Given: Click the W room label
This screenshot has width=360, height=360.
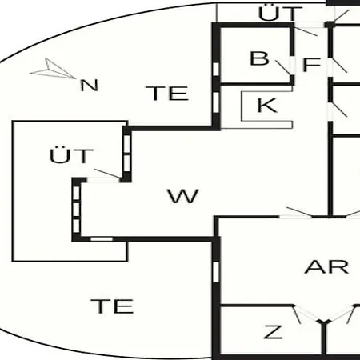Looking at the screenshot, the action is (183, 196).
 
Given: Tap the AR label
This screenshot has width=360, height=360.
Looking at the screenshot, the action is (326, 266).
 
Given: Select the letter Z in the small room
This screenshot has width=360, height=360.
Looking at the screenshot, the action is (273, 332).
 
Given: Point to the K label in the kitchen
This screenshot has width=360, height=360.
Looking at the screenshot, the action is (267, 106).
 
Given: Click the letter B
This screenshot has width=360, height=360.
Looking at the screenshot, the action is (259, 58).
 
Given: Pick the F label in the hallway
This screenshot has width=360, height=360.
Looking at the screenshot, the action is (311, 65).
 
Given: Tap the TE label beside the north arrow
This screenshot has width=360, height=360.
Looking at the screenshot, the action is (167, 93).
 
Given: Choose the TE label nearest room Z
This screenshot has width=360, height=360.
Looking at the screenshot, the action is (112, 306).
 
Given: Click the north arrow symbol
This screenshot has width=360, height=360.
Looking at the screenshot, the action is (53, 70).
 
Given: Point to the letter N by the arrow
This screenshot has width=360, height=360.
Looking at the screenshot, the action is (90, 86).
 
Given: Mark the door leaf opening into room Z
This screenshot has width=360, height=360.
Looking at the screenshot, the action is (297, 314).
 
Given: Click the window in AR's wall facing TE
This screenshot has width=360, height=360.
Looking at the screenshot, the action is (216, 272).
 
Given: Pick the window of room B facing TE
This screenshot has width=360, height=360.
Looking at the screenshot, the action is (216, 69).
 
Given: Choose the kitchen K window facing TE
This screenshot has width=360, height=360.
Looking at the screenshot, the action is (216, 101).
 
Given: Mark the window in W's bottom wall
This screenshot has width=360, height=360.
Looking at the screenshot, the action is (102, 238).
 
